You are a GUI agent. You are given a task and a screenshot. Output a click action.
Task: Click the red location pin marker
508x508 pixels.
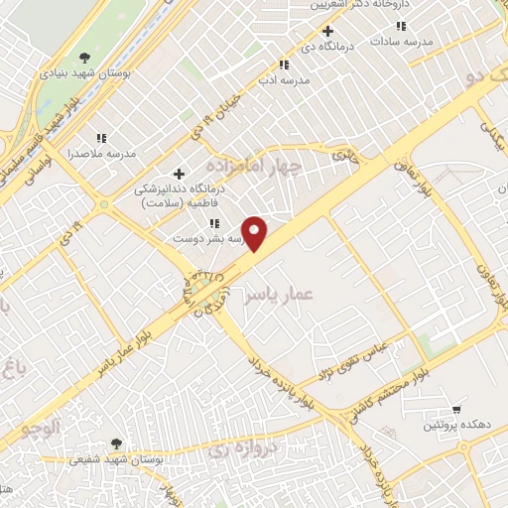point(256,233)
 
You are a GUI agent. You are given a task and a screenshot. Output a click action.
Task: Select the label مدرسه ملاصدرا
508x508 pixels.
point(98,154)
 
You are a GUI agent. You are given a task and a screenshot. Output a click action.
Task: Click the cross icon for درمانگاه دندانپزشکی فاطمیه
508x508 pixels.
point(179,174)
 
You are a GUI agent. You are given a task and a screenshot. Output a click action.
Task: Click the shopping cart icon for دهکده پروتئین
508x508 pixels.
point(456,409)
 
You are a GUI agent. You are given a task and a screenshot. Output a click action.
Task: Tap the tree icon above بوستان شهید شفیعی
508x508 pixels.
point(117,443)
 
